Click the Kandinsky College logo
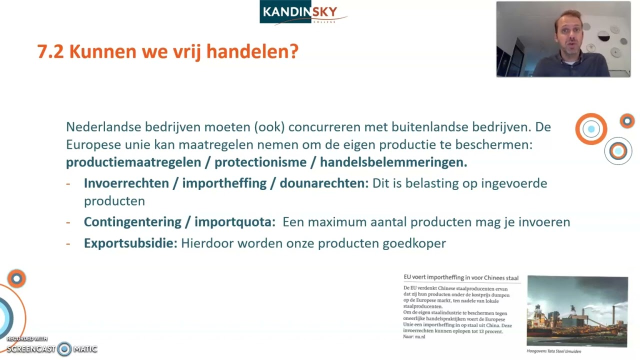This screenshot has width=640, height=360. pos(303,12)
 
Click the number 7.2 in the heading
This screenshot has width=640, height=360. pos(50,51)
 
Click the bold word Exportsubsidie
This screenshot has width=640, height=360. pos(130,243)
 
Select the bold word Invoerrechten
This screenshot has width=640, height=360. pos(126,183)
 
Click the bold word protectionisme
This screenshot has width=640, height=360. pos(260,162)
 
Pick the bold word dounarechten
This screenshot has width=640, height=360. pos(323,183)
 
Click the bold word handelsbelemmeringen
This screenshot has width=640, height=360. pos(393,162)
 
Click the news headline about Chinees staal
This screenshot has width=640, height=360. pos(460,278)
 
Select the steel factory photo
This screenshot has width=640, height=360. pos(577,311)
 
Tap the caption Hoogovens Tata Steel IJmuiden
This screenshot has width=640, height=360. pos(553,351)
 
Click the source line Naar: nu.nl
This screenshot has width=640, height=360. pos(414,337)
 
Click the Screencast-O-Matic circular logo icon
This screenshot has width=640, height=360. pos(64,349)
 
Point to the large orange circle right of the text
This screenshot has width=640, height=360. pos(591,129)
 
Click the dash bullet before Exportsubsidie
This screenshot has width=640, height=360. pos(68,243)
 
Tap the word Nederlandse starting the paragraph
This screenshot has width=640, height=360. pos(103,127)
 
